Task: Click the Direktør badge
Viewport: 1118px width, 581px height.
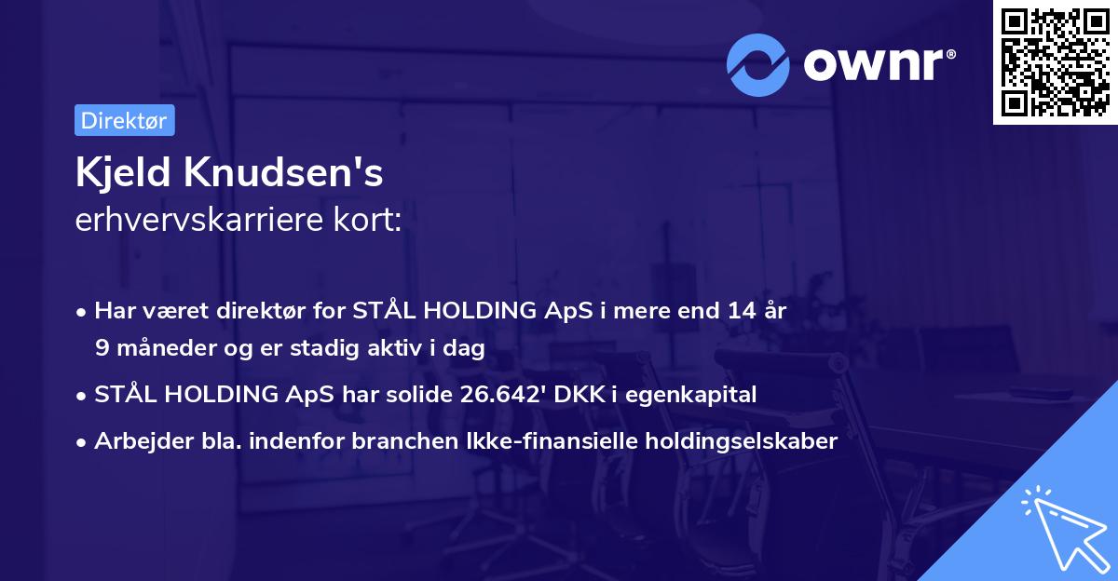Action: (x=124, y=120)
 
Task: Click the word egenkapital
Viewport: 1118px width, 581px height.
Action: (x=695, y=395)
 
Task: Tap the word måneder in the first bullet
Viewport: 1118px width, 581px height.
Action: (x=157, y=348)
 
